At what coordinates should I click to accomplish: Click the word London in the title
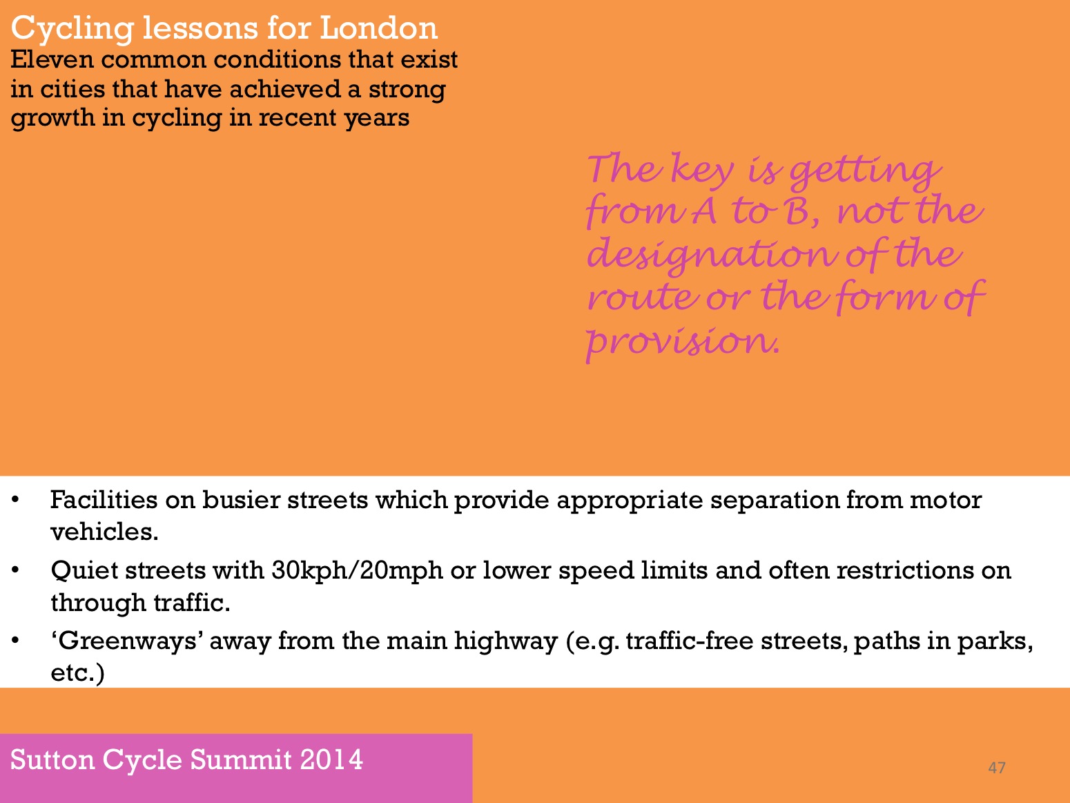click(378, 28)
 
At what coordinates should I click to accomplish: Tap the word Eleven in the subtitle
click(52, 60)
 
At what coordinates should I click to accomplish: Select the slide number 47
click(996, 768)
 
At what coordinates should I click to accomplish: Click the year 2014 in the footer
click(331, 760)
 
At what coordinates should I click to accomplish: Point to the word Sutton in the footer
click(52, 760)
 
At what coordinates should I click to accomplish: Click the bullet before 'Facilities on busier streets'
click(15, 500)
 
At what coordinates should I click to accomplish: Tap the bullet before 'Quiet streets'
click(15, 570)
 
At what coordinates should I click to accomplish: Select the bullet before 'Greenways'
click(15, 640)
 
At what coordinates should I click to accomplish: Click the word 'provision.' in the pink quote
click(683, 340)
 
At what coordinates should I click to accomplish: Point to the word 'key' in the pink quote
click(702, 170)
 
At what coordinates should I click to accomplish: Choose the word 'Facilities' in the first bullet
click(104, 500)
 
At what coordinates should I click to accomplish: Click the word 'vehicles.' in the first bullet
click(104, 532)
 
